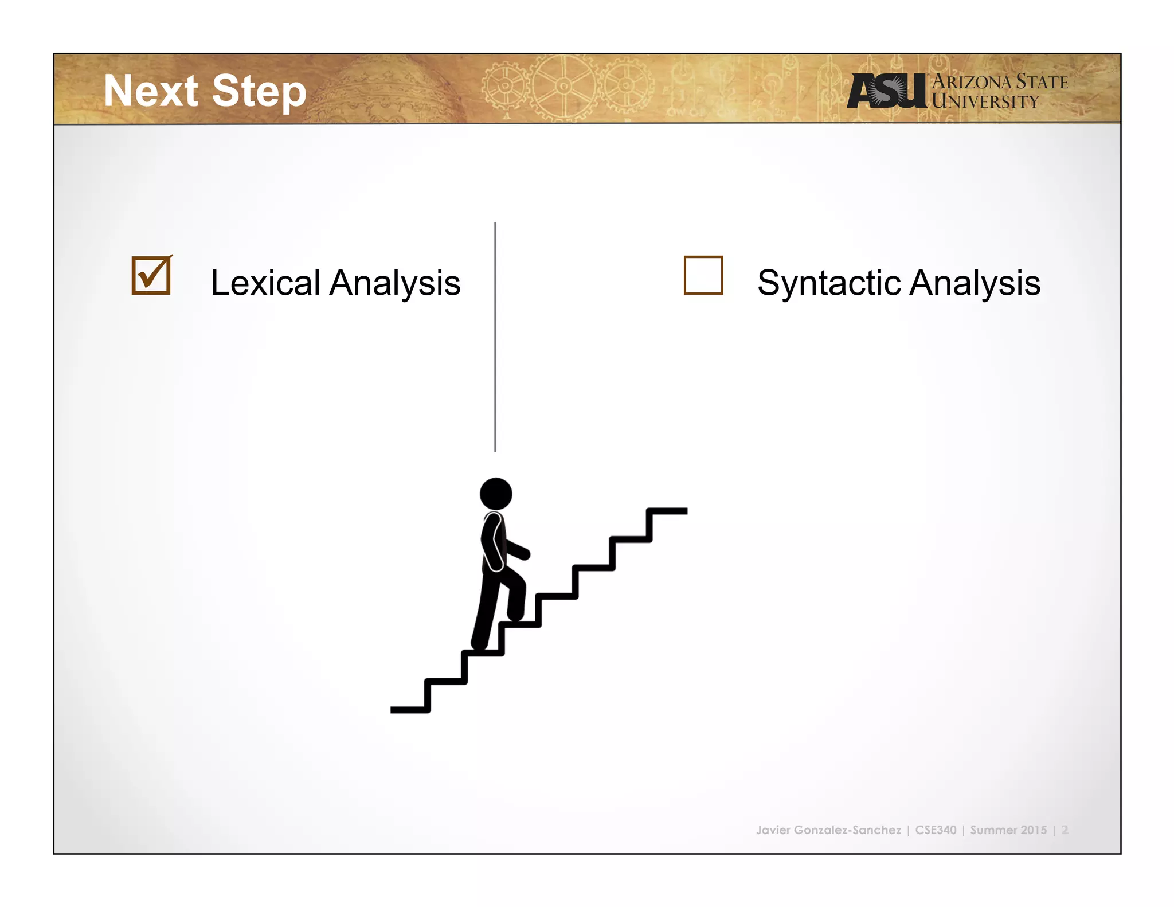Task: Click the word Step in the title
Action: pos(259,92)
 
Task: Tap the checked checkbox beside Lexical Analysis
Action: pos(151,275)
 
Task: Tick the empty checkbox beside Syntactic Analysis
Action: pos(703,275)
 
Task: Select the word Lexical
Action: pos(265,283)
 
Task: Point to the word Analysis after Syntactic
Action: pos(975,284)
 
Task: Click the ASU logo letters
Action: pos(886,91)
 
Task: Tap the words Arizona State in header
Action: pos(1000,81)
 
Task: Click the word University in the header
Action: pos(985,101)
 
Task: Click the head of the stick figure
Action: pos(496,494)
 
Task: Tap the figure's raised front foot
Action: pos(516,616)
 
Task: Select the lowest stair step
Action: pos(409,710)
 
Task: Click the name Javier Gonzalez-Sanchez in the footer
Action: pos(828,830)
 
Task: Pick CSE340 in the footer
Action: pos(936,830)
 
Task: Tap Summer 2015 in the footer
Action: pos(1008,830)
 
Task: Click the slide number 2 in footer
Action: pos(1065,830)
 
